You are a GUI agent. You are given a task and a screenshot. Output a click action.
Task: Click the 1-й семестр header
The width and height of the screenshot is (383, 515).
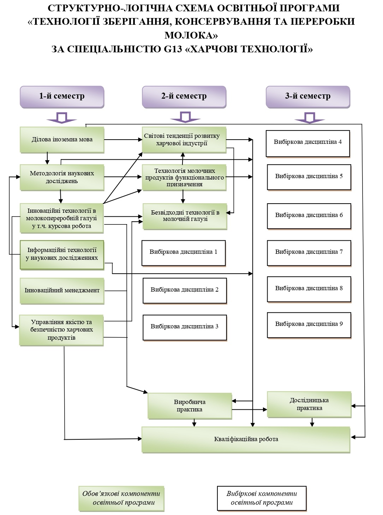coord(62,96)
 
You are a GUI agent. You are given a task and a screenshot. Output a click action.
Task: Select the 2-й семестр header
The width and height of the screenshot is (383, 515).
coord(184,96)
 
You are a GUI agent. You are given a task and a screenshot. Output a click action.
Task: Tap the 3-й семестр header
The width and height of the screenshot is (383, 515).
coord(308,96)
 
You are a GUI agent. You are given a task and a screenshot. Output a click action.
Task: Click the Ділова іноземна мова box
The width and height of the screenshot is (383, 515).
coord(62,140)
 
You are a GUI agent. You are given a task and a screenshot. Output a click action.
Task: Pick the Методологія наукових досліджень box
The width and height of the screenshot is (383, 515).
coord(62,177)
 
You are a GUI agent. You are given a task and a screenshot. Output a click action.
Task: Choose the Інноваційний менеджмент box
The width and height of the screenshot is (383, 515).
coord(62,291)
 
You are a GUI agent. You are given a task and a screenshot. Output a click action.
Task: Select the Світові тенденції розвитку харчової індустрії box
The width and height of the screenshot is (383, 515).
coord(184,140)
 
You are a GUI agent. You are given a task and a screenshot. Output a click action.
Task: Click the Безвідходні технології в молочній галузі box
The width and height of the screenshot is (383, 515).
coord(185,216)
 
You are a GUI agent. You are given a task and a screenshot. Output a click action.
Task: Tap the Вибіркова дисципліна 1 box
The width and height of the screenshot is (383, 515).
coord(184,252)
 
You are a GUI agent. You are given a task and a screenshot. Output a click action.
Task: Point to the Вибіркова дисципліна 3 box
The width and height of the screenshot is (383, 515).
coord(185,327)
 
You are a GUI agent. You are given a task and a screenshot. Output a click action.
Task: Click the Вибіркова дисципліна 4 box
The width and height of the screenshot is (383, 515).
coord(307,142)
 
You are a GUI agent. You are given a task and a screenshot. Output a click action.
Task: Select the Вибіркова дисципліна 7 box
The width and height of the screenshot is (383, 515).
coord(309,252)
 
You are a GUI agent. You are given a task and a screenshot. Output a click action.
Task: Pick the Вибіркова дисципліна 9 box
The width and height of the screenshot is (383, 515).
coord(309,324)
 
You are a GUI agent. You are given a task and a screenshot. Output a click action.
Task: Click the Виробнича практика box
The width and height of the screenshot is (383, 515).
coord(190,406)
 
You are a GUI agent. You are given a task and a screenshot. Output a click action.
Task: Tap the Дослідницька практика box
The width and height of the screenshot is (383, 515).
coord(309,404)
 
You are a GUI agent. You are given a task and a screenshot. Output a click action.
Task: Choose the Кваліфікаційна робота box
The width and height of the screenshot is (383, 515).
coord(246,439)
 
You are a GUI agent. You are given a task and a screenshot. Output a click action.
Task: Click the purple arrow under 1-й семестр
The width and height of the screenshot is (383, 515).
coord(62,118)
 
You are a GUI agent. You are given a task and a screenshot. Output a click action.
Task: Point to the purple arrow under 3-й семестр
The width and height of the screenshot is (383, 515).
coord(310,118)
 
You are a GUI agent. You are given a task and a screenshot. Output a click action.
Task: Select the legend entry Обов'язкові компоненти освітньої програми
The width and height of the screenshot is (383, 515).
coord(121,498)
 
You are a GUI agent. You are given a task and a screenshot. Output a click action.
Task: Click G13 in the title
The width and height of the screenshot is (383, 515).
coord(173,49)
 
